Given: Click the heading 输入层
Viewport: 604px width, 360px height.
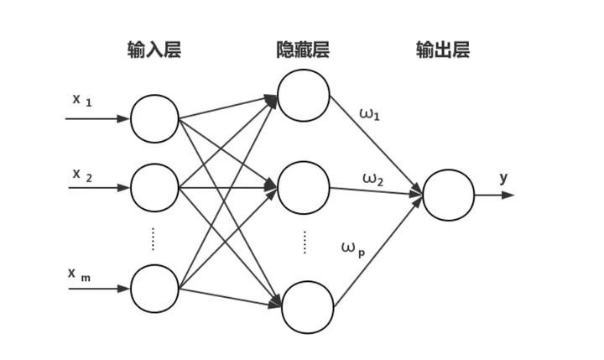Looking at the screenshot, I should point(154,50).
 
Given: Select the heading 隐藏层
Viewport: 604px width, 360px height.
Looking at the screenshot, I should point(303,50).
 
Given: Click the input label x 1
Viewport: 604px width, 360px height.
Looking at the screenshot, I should point(81,100).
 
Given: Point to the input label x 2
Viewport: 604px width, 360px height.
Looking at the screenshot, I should point(81,175).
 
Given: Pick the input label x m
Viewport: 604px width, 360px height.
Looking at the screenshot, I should point(81,274).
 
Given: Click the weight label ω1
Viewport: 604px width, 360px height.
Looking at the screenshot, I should point(369,113).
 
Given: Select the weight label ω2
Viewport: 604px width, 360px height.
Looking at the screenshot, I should point(372,178).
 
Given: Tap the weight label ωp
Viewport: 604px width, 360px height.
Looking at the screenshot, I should point(353,247).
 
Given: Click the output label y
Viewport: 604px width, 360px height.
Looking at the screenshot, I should point(503,178).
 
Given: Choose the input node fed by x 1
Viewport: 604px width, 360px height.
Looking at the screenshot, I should point(154,118).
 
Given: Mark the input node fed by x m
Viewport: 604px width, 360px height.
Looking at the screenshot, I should point(154,289).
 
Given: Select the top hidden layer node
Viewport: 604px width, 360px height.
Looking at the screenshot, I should point(304,94).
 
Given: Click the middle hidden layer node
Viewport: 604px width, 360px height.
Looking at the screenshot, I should point(304,187).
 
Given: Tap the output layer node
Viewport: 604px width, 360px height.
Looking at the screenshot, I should point(448,195).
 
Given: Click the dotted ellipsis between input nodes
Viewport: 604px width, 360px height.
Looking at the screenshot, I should point(154,238).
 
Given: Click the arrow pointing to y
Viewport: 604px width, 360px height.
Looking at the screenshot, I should point(494,195).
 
